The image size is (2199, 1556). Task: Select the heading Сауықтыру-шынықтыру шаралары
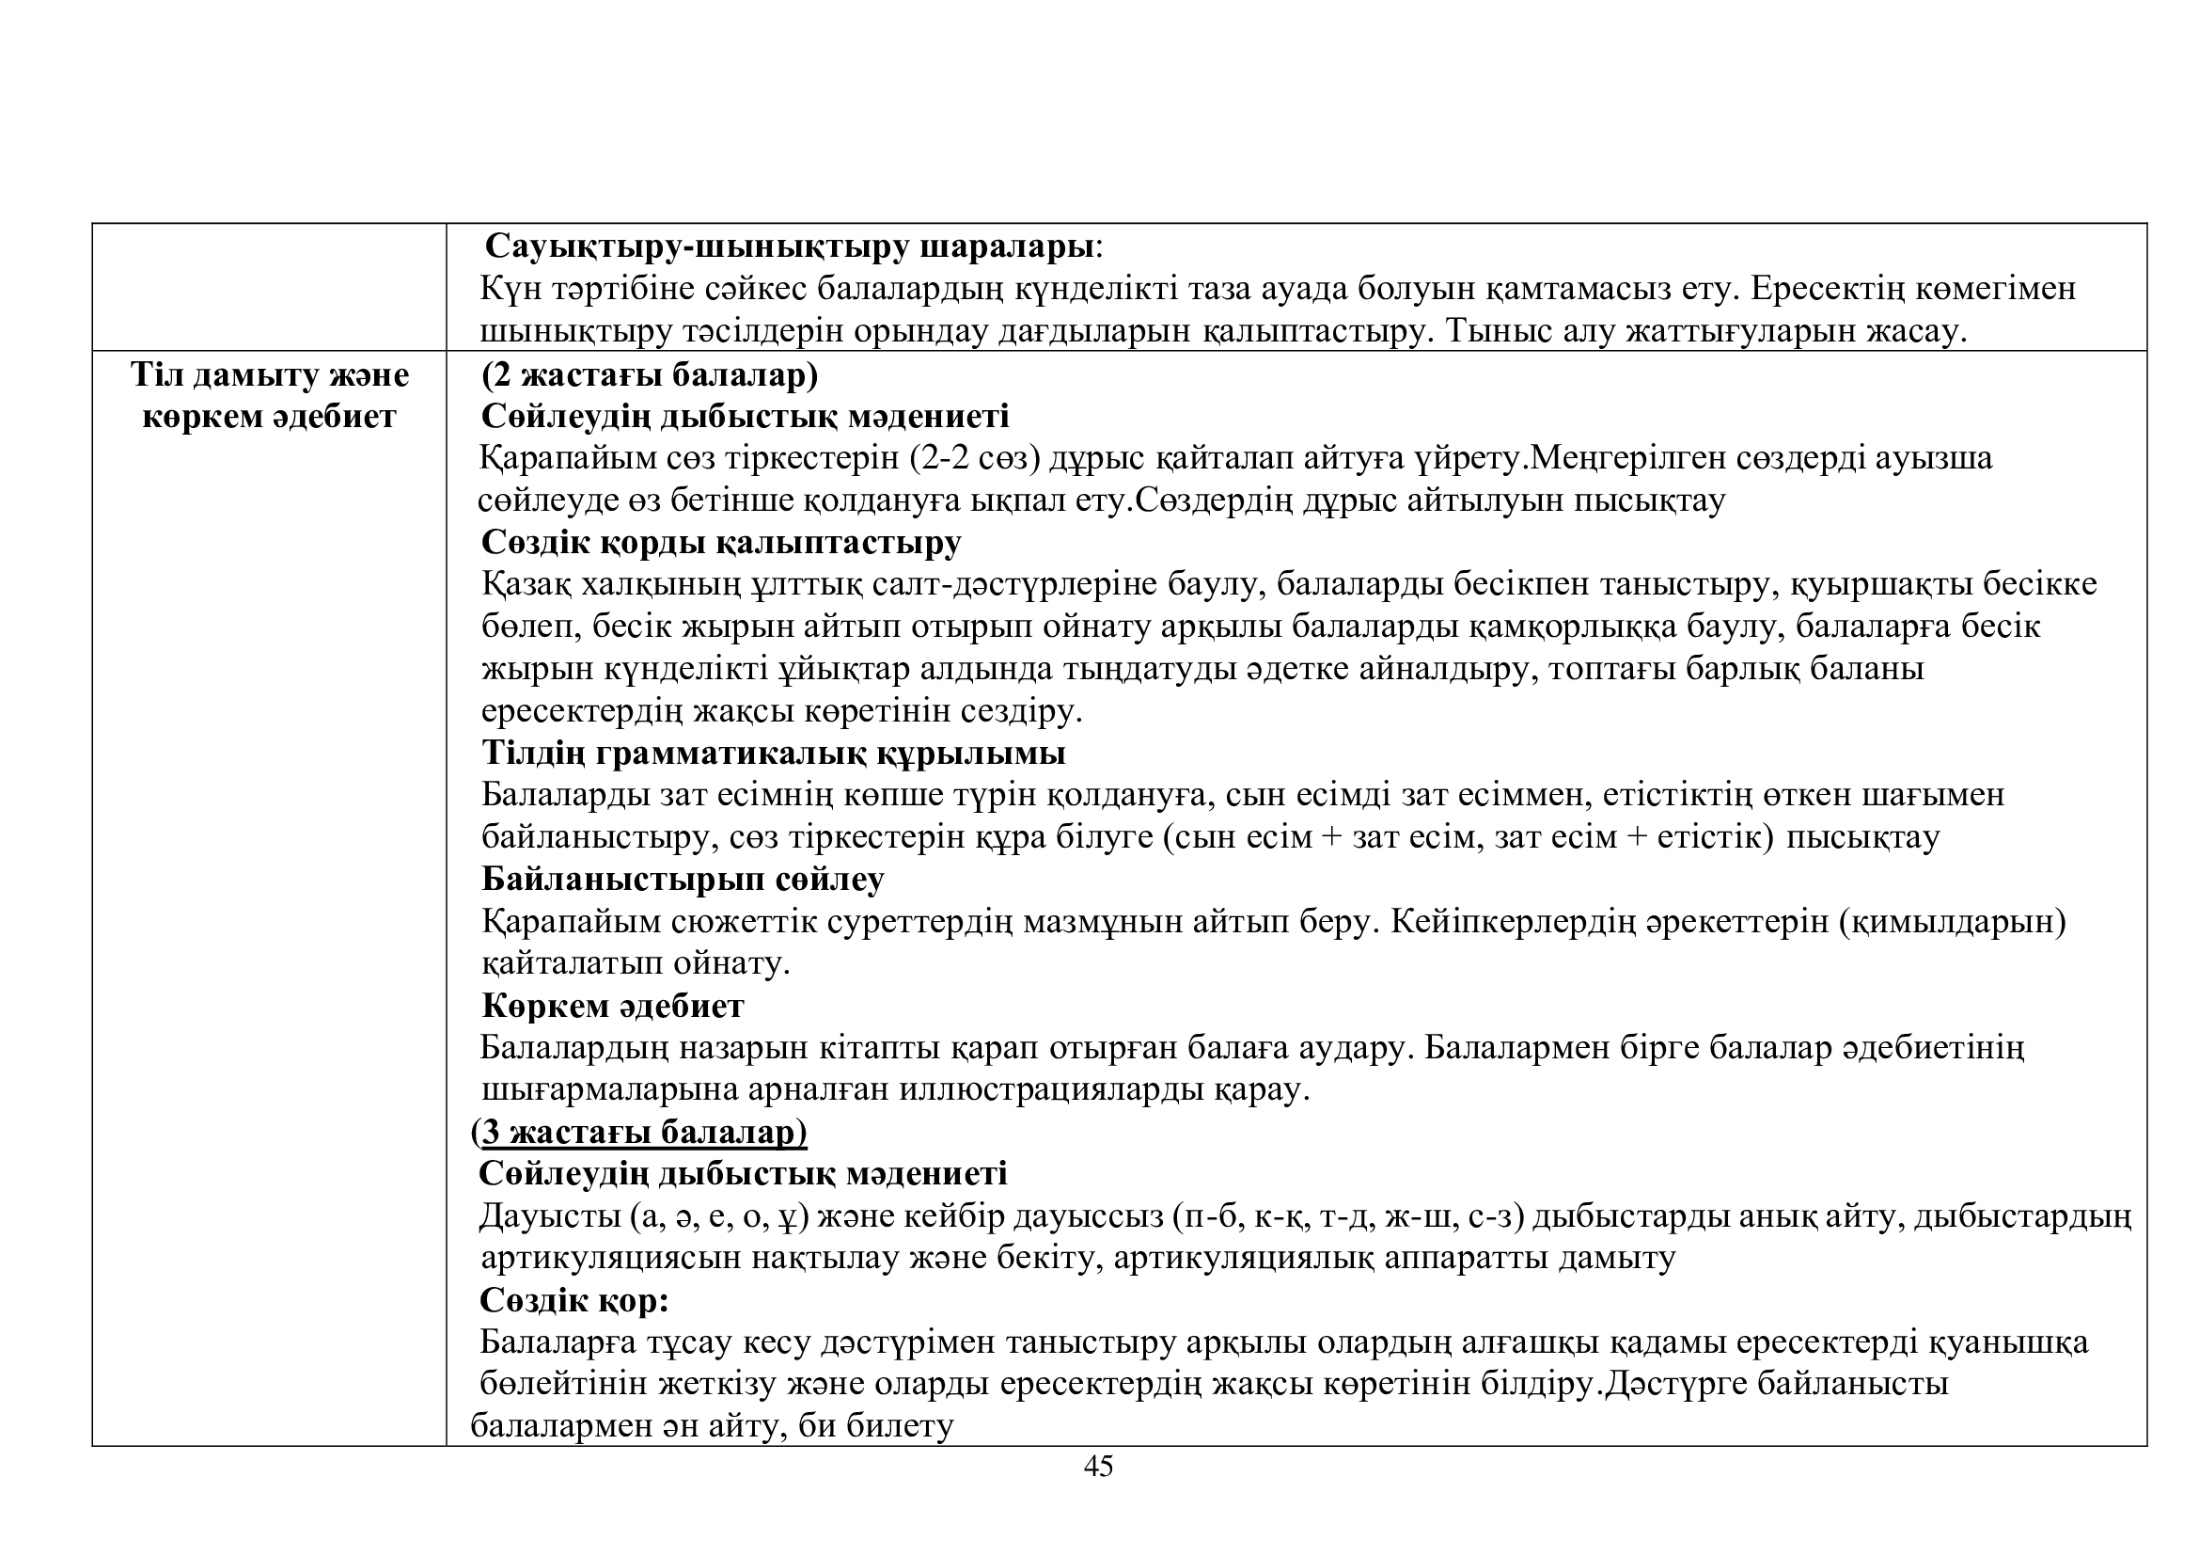click(788, 246)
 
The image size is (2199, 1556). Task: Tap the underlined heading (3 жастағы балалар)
click(640, 1133)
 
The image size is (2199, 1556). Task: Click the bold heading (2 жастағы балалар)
click(650, 374)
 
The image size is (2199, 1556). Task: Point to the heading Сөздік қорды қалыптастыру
click(721, 542)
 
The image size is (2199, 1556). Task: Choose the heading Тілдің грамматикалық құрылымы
click(773, 754)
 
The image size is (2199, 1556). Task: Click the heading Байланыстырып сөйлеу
click(682, 879)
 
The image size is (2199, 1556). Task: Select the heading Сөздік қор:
click(573, 1300)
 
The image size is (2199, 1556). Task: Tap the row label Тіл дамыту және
click(269, 374)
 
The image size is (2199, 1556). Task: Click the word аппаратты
click(1466, 1258)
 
